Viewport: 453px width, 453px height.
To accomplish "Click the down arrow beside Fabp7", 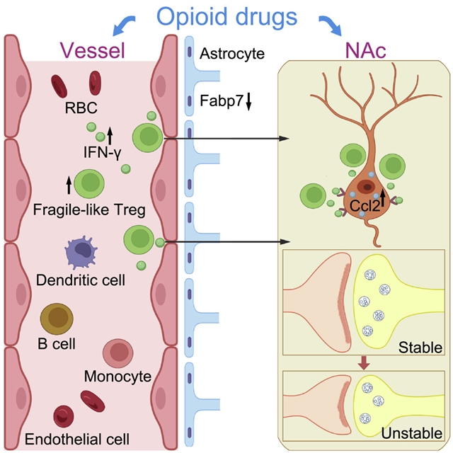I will point(249,103).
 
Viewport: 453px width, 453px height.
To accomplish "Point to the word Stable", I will point(420,348).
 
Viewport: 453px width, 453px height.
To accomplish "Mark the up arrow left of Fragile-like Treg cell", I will point(68,185).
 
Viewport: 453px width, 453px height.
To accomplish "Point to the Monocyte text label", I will point(117,376).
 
